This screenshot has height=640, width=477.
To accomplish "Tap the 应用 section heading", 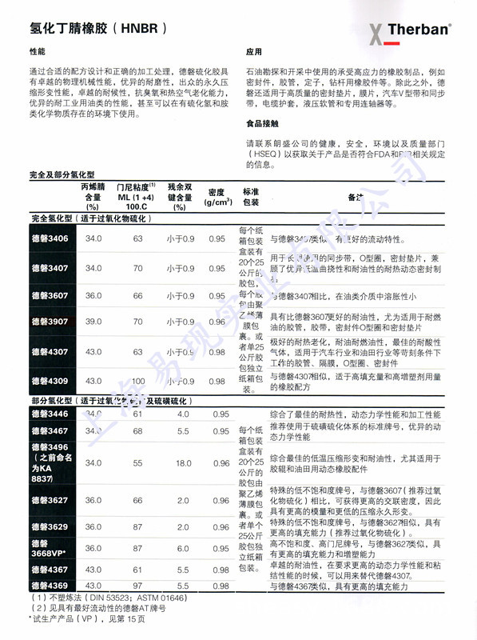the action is pos(254,51).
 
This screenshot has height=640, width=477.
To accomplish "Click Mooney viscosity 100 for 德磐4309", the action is pos(137,381).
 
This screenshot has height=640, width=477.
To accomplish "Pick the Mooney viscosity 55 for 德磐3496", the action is pos(137,462).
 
